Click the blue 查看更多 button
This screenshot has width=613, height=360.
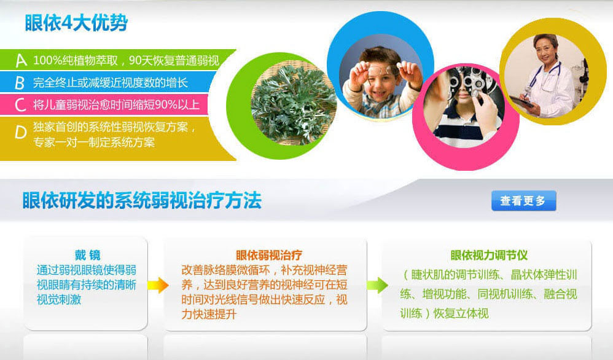click(523, 200)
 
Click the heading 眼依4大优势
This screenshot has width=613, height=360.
click(76, 23)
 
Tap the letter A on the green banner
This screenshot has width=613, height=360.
click(21, 61)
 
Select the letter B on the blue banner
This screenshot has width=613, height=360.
click(20, 83)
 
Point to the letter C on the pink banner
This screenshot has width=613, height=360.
click(20, 105)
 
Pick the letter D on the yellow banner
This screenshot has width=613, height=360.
click(20, 133)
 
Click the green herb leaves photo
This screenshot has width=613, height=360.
click(293, 105)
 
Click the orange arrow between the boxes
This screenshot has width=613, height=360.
click(158, 285)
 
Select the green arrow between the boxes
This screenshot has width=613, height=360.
click(377, 285)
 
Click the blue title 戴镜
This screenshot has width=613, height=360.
click(88, 255)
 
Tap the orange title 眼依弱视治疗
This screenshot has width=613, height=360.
click(269, 255)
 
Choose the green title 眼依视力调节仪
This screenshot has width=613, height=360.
click(489, 255)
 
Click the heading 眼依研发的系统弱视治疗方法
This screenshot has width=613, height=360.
click(142, 201)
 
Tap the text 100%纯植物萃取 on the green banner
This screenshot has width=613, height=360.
click(76, 61)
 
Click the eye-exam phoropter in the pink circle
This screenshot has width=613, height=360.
click(469, 80)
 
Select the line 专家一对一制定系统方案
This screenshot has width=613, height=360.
click(94, 142)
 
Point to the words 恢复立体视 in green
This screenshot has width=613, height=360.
click(461, 313)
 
